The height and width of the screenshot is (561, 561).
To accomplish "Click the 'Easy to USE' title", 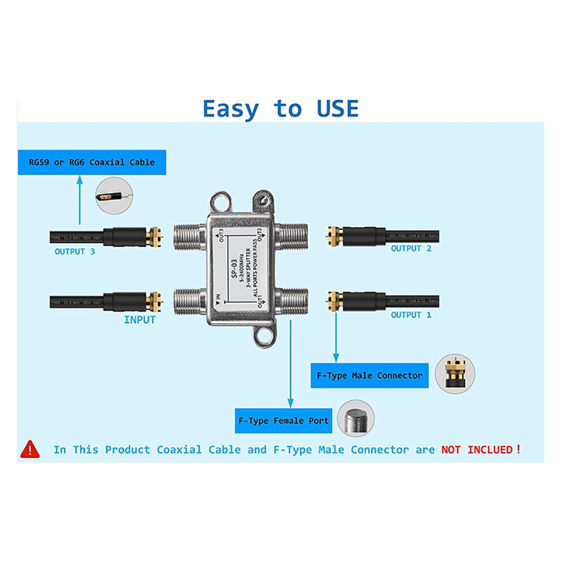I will point(280,108).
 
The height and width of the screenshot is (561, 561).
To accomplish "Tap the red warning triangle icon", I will point(30,449).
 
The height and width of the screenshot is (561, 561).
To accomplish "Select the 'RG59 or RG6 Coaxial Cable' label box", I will point(92,162).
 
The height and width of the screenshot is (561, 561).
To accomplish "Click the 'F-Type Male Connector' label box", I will point(369,375).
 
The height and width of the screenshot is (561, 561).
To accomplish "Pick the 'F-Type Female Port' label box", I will point(283,421).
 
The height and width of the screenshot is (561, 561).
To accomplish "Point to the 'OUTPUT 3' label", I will point(75,251).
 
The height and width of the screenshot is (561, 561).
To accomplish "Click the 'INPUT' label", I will point(140,320).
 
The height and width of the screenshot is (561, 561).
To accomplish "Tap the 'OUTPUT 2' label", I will point(411,248).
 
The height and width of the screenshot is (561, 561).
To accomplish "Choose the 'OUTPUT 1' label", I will point(411,315).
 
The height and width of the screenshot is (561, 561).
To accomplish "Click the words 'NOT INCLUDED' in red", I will point(477,449).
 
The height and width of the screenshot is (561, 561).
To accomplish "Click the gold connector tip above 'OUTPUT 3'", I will point(154,237).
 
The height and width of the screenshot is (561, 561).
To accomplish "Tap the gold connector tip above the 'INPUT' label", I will point(154,302).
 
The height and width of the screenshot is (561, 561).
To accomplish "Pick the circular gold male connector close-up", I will point(456,373).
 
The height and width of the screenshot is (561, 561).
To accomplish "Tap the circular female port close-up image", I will point(356,418).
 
